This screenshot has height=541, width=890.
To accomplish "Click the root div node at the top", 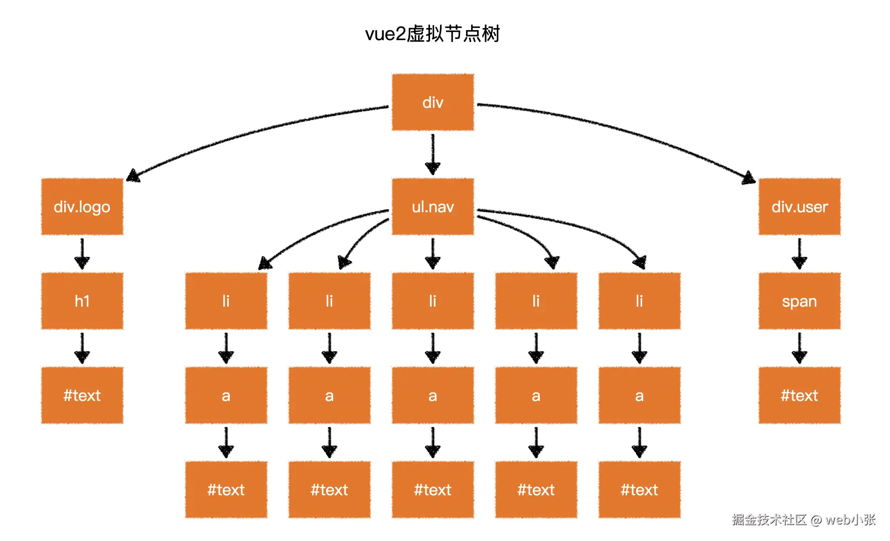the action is coord(432,102).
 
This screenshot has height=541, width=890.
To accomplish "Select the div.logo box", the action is coord(82,206).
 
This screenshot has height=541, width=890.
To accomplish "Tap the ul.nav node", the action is coord(432,206).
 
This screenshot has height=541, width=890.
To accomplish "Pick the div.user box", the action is coord(799,206).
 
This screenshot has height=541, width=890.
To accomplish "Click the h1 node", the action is coord(82,301).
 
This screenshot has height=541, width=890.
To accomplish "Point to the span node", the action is coord(799,301).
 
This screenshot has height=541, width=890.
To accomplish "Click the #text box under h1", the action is coord(82,395).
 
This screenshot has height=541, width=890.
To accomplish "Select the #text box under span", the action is coord(799,395).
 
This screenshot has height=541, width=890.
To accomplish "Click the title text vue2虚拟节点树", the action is coord(432,34).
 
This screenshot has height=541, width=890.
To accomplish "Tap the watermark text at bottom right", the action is coord(803,519).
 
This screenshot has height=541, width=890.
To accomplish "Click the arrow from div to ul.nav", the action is coord(432,154).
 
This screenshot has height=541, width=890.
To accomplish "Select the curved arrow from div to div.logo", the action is coord(251,131).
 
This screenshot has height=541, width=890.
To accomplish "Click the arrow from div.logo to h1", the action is coord(82,253).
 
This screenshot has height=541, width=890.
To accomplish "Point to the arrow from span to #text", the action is coord(799,348).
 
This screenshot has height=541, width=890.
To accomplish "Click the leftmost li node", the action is coord(226,301).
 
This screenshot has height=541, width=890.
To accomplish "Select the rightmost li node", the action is coord(639,301).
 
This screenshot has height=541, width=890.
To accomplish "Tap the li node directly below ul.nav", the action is coord(432,301).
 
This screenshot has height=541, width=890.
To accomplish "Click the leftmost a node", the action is coord(226,395).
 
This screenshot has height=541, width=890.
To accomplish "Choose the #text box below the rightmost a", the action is coord(639,489).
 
